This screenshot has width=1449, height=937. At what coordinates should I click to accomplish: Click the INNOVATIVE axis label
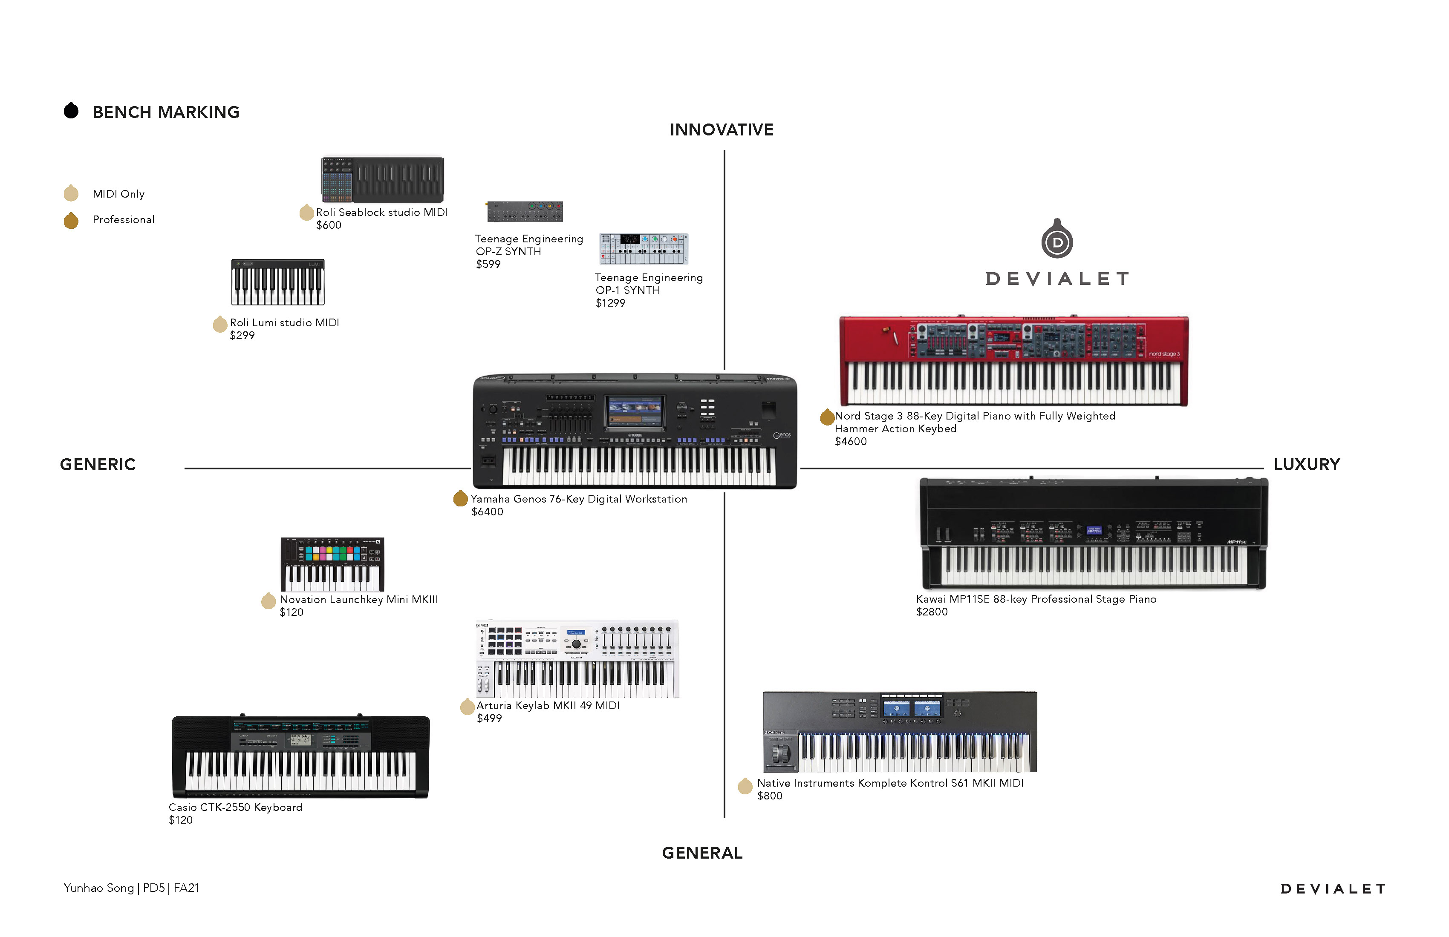[x=722, y=129]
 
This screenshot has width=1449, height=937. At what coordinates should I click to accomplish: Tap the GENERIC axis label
[x=98, y=464]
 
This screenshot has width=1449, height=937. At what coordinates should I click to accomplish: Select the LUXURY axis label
[x=1307, y=464]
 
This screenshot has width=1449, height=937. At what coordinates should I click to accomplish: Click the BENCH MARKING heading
[x=166, y=112]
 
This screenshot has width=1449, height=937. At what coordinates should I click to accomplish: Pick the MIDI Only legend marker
[x=71, y=193]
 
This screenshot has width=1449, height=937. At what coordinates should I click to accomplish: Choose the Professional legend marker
[x=71, y=220]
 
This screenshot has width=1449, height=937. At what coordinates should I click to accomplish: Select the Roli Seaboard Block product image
[x=382, y=179]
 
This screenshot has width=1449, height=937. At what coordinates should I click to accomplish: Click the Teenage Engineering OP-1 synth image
[x=644, y=248]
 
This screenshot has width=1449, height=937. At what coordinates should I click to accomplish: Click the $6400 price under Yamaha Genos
[x=487, y=512]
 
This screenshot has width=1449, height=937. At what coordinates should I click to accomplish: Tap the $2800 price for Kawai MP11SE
[x=932, y=612]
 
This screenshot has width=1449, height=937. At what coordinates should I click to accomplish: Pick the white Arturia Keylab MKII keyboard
[x=577, y=659]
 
